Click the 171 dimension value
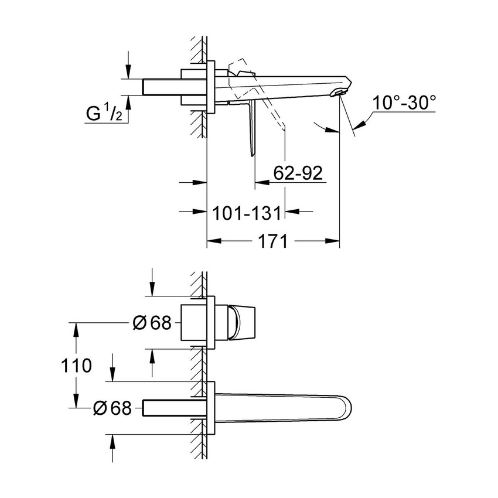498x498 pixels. click(272, 241)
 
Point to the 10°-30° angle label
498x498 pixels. click(405, 104)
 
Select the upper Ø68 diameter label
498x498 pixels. click(152, 323)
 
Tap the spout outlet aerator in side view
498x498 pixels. click(339, 93)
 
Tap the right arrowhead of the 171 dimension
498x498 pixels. click(335, 241)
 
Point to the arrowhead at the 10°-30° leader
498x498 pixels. click(361, 122)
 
